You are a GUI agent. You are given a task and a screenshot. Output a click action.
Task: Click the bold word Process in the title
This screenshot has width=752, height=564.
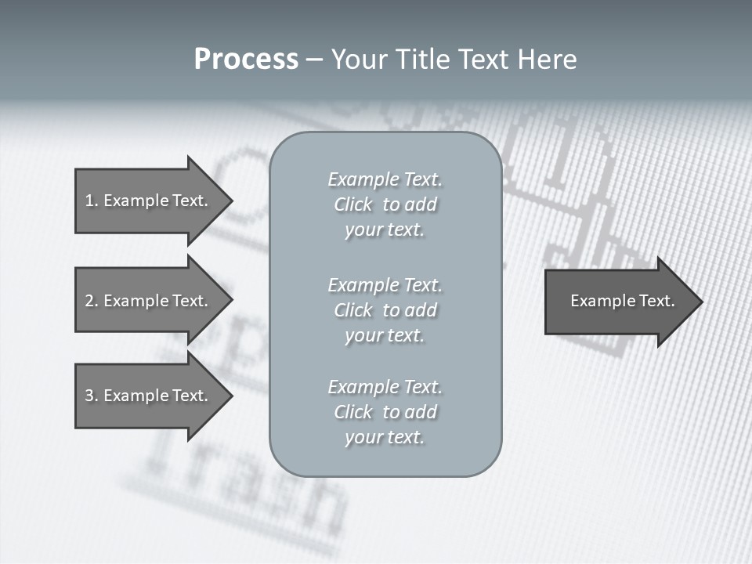[x=246, y=60]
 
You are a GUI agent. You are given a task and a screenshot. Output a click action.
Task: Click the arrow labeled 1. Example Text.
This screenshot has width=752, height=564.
[x=149, y=201]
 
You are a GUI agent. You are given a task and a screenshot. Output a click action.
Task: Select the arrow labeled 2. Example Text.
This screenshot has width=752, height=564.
[x=149, y=301]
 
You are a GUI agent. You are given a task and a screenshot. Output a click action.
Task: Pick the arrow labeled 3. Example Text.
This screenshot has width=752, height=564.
[x=149, y=396]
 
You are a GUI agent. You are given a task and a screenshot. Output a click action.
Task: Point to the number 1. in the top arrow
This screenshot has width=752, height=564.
[x=91, y=201]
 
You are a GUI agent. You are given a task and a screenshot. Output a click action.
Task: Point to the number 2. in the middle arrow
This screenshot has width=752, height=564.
[x=91, y=301]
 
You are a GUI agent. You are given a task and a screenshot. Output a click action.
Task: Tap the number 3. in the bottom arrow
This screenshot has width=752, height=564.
[x=91, y=396]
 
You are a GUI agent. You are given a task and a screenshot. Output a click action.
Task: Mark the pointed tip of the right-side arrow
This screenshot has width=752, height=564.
[x=700, y=302]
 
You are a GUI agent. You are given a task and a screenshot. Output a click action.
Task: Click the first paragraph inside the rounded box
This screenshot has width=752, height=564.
[x=385, y=204]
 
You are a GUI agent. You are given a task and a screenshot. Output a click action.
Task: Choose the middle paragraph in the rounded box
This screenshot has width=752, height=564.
[x=385, y=310]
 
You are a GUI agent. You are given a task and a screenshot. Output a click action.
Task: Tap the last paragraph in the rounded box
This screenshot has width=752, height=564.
[x=385, y=412]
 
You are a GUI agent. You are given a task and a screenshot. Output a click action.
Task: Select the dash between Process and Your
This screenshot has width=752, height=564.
[x=314, y=60]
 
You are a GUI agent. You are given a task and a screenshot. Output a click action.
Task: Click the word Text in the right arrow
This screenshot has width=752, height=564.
[x=656, y=301]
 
